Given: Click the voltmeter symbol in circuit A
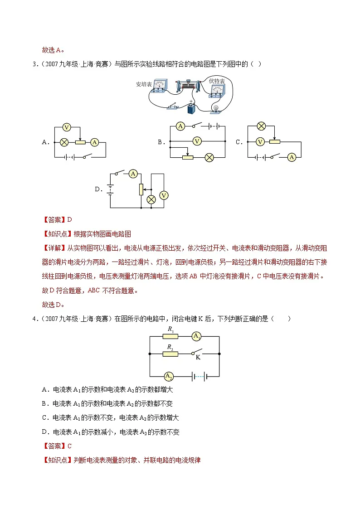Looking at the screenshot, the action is click(x=67, y=127).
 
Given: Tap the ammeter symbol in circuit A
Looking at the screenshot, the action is click(x=94, y=142).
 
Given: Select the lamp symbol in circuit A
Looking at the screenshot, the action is click(x=64, y=142).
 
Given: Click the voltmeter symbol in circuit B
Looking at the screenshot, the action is click(x=197, y=141).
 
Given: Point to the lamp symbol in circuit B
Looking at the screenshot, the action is click(x=209, y=158).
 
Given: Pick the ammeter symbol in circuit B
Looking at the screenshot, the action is click(x=180, y=126).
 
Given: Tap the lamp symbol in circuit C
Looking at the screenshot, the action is click(x=261, y=126).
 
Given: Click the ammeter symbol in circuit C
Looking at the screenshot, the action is click(x=292, y=157).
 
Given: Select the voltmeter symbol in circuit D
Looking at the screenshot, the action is click(x=164, y=195).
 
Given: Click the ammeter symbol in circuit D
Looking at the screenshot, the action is click(x=133, y=174).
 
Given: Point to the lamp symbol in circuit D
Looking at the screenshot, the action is click(x=151, y=199).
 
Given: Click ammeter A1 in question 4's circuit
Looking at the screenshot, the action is click(x=196, y=336).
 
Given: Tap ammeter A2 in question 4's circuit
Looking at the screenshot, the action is click(x=169, y=377).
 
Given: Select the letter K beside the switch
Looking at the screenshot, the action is click(x=198, y=358).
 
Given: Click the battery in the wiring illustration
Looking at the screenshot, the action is click(x=191, y=107).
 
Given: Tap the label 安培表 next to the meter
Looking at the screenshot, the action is click(x=144, y=84).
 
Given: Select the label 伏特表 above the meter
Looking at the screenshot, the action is click(x=217, y=81).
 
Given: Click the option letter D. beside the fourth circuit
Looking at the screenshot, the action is click(x=99, y=189).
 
